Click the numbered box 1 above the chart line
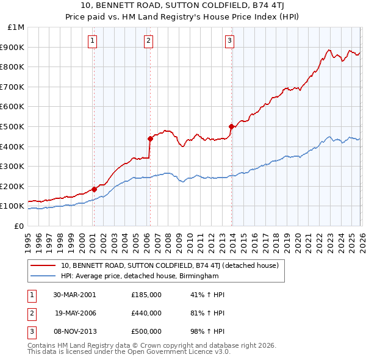coord(92,41)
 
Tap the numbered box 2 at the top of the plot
coord(148,41)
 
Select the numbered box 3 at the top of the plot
coord(230,41)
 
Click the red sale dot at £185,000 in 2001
coord(95,189)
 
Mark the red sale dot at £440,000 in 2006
coord(150,139)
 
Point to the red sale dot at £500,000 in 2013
coord(231,126)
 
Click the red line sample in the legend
coord(43,265)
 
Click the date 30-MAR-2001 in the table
coord(74,294)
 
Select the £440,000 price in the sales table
coord(146,312)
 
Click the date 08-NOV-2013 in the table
coord(74,331)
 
